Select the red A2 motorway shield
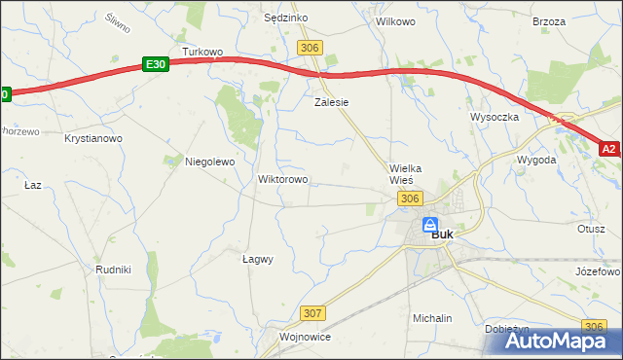pos(609,149)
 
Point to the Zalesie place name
pos(331,101)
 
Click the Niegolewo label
pos(210,162)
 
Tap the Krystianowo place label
pos(93,139)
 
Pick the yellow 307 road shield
pos(312,313)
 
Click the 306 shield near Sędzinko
pos(311,48)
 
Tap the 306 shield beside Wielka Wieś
pos(410,198)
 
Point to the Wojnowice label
pos(306,337)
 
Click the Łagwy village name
pos(257,259)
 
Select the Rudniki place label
pos(114,269)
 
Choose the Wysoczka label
pos(495,117)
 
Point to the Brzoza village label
pos(549,20)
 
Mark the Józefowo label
pos(598,271)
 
